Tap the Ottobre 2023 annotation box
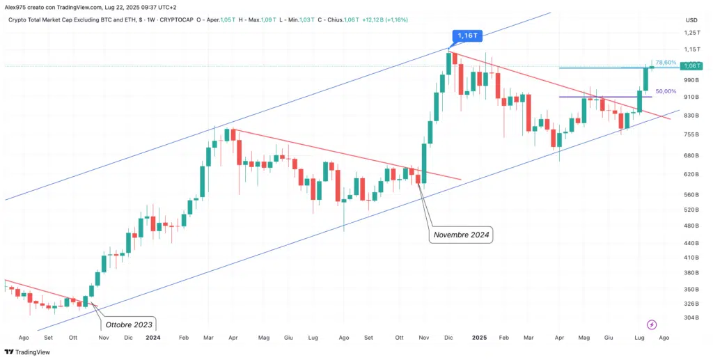coord(129,324)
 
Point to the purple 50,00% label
coord(666,91)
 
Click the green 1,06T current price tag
coord(691,66)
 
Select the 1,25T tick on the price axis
coord(691,33)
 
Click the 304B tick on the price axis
coord(691,318)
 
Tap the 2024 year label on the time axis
coord(153,337)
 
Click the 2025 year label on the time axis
coord(479,337)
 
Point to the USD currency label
coord(691,19)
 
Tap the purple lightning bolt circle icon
coord(652,324)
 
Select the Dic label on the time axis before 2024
coord(128,337)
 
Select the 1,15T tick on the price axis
coord(691,49)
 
